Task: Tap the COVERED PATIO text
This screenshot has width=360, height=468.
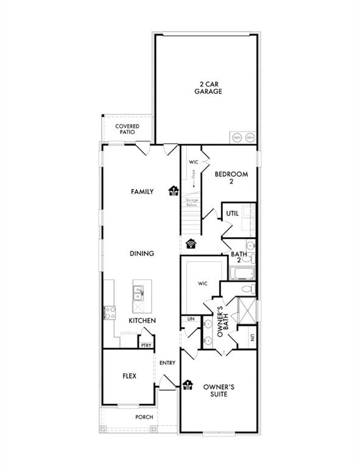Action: pyautogui.click(x=127, y=129)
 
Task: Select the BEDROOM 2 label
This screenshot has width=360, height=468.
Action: pyautogui.click(x=231, y=177)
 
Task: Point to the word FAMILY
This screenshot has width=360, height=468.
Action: pyautogui.click(x=142, y=191)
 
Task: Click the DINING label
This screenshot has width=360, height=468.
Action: pyautogui.click(x=141, y=253)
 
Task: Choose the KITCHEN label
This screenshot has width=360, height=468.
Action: pyautogui.click(x=142, y=321)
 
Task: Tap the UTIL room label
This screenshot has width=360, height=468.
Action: pyautogui.click(x=232, y=214)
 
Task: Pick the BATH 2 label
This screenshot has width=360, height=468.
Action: pyautogui.click(x=238, y=257)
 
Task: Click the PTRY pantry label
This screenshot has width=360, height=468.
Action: pyautogui.click(x=146, y=345)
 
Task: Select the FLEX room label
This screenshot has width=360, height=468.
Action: pyautogui.click(x=129, y=376)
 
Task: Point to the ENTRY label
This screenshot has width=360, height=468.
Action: pyautogui.click(x=168, y=363)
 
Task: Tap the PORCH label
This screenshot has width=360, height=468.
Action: pyautogui.click(x=144, y=417)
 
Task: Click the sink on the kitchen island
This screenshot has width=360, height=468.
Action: pyautogui.click(x=138, y=294)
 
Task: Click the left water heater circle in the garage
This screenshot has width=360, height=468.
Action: pyautogui.click(x=236, y=138)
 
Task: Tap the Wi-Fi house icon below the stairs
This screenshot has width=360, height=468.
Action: pyautogui.click(x=191, y=243)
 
